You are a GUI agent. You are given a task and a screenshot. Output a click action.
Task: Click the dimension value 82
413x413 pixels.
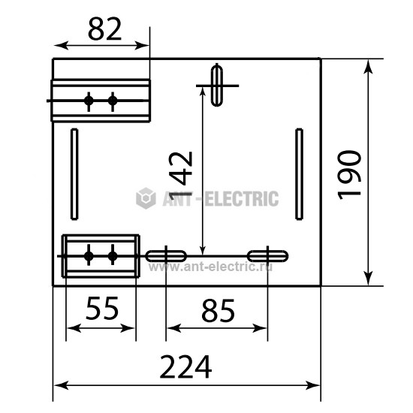(x=105, y=29)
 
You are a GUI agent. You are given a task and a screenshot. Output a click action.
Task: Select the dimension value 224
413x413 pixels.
(x=185, y=366)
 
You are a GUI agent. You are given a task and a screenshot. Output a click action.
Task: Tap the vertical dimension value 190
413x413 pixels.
(x=349, y=175)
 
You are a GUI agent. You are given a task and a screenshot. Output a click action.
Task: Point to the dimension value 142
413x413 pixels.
(x=180, y=176)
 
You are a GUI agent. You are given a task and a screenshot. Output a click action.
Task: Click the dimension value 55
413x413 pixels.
(x=102, y=308)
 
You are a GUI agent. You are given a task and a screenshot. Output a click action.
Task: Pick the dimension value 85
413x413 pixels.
(x=218, y=311)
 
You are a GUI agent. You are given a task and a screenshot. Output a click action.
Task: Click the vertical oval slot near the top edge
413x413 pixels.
(x=217, y=85)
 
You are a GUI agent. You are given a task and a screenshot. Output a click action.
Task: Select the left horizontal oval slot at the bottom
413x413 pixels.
(x=166, y=256)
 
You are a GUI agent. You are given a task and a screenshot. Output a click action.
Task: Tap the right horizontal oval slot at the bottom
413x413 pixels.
(x=267, y=256)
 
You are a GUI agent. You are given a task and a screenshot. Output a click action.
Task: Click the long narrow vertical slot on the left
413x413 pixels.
(x=74, y=174)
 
